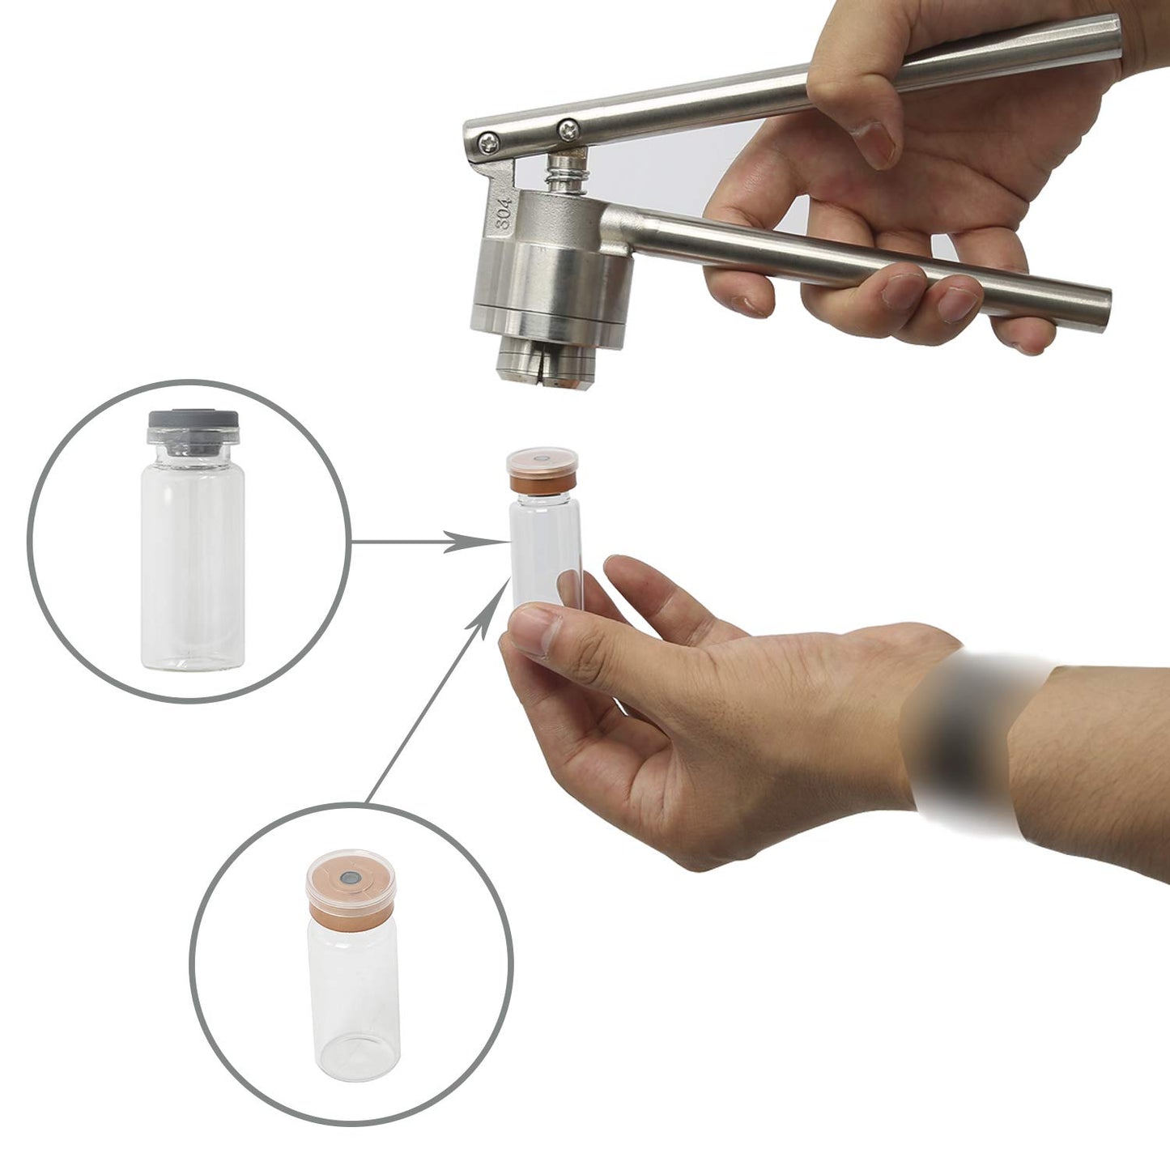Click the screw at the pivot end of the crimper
pos(488,143)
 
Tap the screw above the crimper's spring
pos(569,130)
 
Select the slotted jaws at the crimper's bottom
pos(545,364)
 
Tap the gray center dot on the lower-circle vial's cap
pos(349,878)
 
